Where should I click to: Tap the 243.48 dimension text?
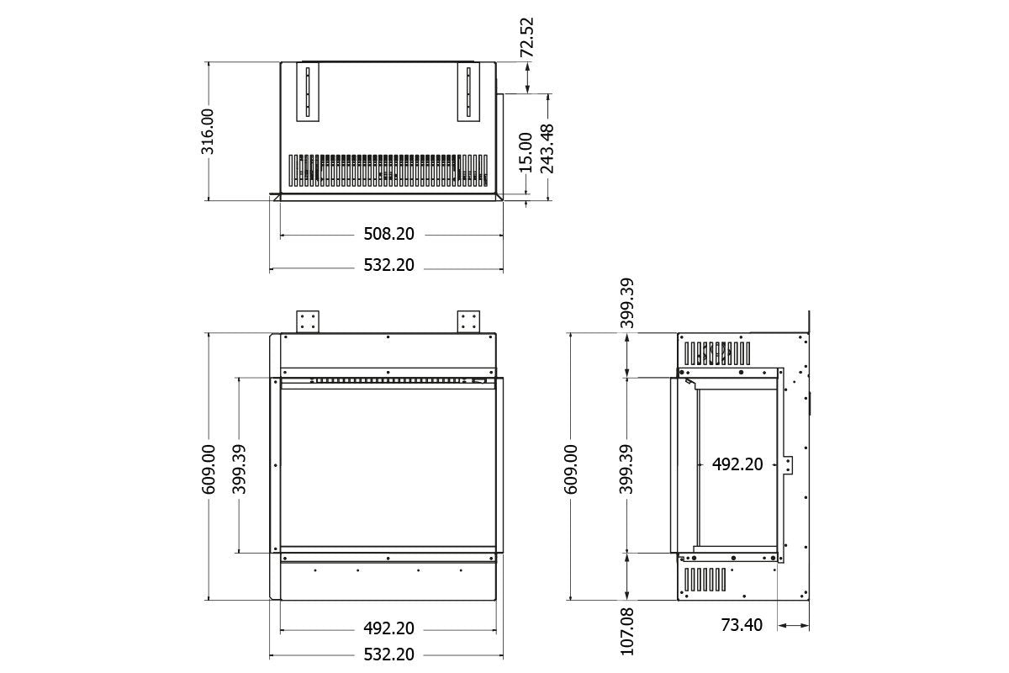(547, 148)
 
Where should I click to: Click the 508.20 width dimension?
(388, 235)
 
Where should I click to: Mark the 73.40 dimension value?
(742, 625)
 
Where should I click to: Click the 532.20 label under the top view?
(388, 265)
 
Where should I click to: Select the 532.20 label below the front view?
(388, 654)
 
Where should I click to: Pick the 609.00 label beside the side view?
(571, 468)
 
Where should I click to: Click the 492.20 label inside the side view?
(737, 464)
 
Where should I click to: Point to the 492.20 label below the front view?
(388, 628)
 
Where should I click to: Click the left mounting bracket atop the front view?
(308, 321)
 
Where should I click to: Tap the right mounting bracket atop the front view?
(468, 321)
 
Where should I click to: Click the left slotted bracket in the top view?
(307, 92)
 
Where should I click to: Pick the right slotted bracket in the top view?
(467, 92)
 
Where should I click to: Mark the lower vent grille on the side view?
(705, 579)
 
